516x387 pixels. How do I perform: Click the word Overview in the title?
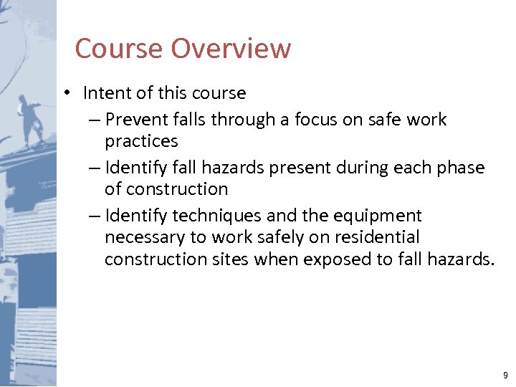coord(231,49)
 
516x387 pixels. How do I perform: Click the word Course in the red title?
coord(120,49)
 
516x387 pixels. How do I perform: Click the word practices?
coord(141,141)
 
